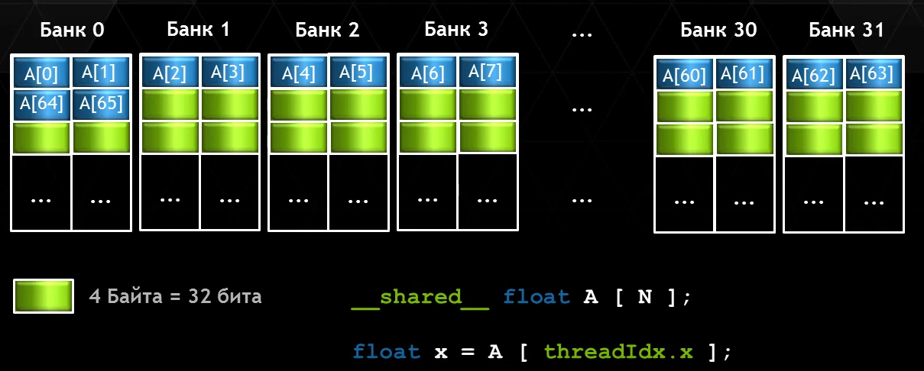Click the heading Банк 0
[x=72, y=31]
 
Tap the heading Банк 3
[x=456, y=30]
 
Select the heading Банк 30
[x=718, y=31]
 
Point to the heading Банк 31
[x=847, y=31]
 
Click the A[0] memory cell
[x=41, y=73]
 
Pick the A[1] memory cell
[x=101, y=72]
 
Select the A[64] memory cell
[x=41, y=105]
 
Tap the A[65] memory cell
[x=101, y=103]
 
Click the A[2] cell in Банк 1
[x=170, y=73]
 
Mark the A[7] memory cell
[x=487, y=71]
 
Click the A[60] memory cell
[x=684, y=76]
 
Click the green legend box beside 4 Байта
[x=44, y=296]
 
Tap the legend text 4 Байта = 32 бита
[x=175, y=296]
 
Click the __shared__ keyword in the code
[x=420, y=297]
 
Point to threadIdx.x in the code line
[x=619, y=351]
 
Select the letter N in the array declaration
[x=644, y=297]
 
